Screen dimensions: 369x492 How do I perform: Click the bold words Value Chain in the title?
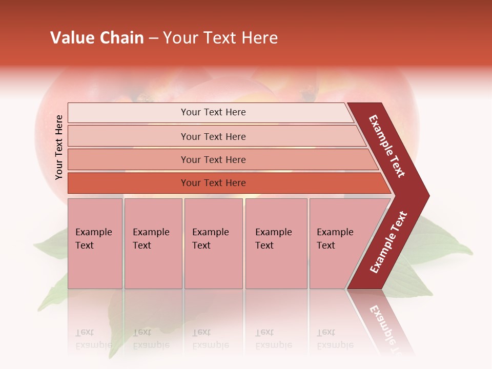tap(97, 38)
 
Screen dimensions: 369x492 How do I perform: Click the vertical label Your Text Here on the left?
tap(59, 147)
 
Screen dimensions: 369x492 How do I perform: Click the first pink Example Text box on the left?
tap(95, 243)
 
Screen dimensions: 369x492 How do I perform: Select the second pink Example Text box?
tap(153, 243)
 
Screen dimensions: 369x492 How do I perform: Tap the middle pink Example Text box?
tap(213, 243)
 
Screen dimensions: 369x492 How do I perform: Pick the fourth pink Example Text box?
tap(276, 243)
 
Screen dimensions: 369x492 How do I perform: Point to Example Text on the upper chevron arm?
tap(387, 146)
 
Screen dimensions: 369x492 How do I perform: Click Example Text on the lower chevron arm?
tap(388, 242)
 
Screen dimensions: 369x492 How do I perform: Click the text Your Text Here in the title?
tap(220, 38)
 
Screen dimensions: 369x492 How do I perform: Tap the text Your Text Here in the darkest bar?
tap(213, 183)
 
